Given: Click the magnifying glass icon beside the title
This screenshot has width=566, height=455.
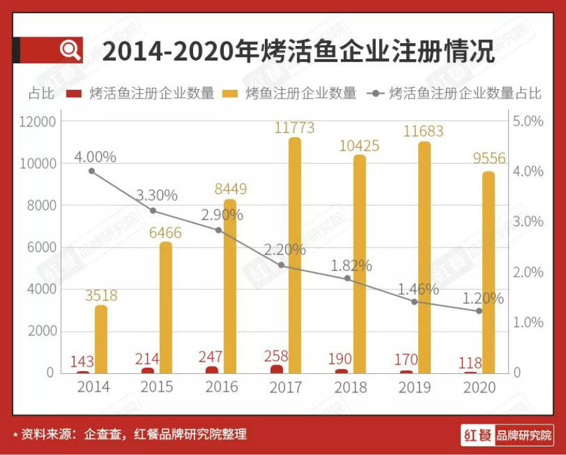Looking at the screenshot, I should (x=70, y=50).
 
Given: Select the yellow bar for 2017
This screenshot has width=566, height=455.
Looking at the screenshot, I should (x=294, y=255).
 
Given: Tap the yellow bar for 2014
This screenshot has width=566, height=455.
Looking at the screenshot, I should (x=101, y=339).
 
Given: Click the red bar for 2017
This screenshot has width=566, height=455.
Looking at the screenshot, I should (x=276, y=369).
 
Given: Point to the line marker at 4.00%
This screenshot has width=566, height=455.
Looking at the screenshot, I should (x=92, y=171).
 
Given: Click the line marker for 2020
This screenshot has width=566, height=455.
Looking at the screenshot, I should (x=478, y=311).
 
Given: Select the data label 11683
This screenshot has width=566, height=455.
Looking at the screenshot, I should (x=423, y=131).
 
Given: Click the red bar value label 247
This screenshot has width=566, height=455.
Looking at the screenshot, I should (x=211, y=357).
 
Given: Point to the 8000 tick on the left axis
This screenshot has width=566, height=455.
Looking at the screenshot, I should (x=41, y=206).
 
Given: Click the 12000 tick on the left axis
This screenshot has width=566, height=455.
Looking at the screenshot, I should (x=37, y=122).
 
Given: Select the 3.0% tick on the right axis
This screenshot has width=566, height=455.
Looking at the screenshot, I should (x=527, y=222).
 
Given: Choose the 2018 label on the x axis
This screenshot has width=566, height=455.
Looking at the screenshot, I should (x=350, y=387).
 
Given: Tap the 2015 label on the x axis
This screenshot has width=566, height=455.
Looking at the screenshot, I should (x=157, y=387).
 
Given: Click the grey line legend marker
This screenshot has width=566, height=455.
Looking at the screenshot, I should (x=376, y=93).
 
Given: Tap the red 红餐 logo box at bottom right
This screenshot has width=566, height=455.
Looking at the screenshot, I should (x=477, y=436).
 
